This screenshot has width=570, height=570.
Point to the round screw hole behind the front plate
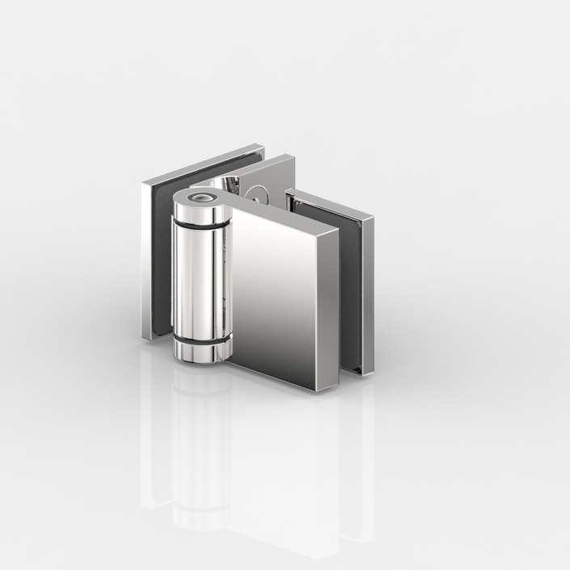259,193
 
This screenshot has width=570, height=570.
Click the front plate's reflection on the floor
275,469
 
